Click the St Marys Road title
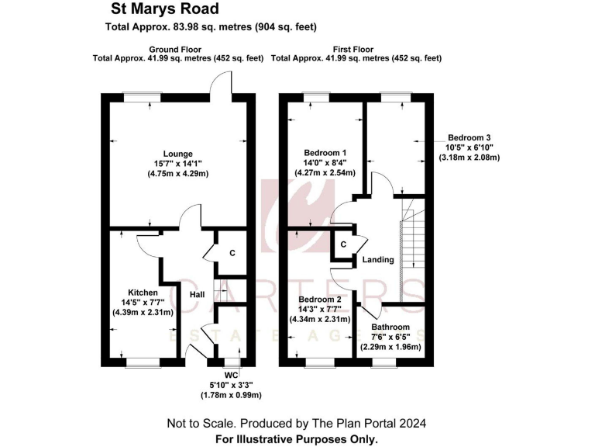160,9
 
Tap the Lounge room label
177,154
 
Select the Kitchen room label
139,293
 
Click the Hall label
197,294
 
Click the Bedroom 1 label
325,152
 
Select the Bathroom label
390,327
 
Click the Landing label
378,259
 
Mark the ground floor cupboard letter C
232,252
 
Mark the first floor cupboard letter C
343,245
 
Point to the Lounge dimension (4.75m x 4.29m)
177,174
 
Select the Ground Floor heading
177,49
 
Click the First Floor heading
356,49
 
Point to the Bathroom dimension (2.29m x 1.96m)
390,347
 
